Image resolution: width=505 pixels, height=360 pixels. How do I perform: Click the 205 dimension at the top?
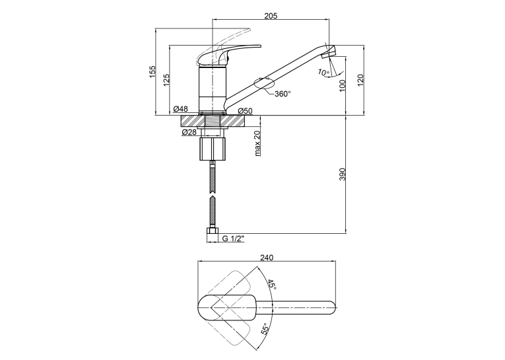[271, 15]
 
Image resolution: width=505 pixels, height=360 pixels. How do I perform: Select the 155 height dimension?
[152, 71]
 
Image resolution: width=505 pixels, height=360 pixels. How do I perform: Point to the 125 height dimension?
[166, 80]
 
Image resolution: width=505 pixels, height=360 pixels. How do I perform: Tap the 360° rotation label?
[283, 94]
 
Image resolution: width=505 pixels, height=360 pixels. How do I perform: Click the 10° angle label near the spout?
[323, 72]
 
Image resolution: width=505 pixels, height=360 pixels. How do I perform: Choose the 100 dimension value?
[342, 85]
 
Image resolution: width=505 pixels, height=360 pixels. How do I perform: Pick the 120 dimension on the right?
[360, 80]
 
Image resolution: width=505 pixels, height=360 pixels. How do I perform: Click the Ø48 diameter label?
[180, 109]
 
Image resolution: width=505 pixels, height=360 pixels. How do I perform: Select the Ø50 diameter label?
[246, 111]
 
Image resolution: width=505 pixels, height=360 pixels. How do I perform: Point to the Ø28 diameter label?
[189, 132]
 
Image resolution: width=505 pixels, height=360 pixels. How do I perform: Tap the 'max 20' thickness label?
[257, 143]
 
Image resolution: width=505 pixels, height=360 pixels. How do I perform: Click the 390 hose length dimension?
[342, 174]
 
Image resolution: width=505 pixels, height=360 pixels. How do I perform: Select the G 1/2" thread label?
[234, 239]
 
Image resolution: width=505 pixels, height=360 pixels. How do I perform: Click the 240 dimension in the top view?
[267, 258]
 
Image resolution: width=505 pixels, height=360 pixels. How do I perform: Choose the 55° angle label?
[265, 329]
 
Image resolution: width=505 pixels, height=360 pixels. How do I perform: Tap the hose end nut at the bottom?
[213, 231]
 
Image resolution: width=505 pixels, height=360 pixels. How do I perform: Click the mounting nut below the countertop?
[213, 149]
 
